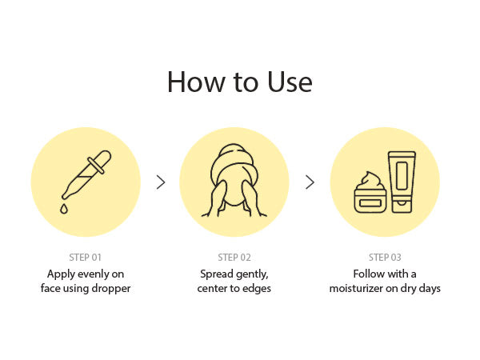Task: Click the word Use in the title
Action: (x=290, y=82)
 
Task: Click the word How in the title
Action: (x=196, y=82)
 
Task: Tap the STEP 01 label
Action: (x=85, y=258)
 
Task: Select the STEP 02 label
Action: (x=234, y=258)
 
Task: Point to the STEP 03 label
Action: (x=385, y=258)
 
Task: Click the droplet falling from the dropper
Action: (x=64, y=209)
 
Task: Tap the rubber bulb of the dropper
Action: (x=102, y=159)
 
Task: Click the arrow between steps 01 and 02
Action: (x=161, y=182)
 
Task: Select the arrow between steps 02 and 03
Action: (x=310, y=182)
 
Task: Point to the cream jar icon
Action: (x=370, y=193)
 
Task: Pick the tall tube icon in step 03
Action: (x=402, y=182)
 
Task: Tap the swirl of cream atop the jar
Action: (x=370, y=182)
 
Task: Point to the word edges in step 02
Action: (x=257, y=289)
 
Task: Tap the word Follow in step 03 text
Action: (x=366, y=274)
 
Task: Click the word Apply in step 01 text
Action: (x=61, y=274)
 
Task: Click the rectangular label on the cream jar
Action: (x=370, y=203)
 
